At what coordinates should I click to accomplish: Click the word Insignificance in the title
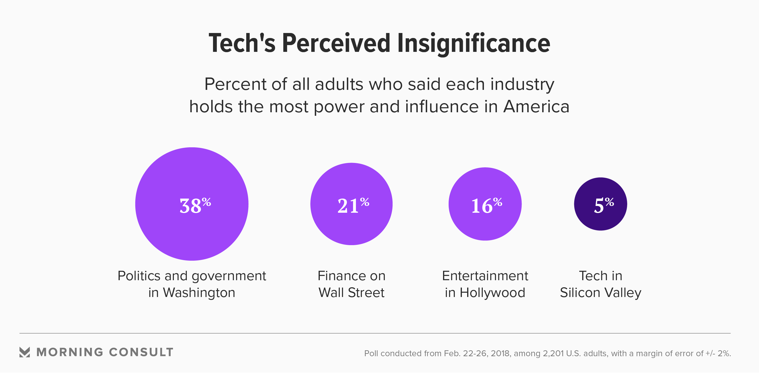473,44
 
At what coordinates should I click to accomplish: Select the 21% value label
353,205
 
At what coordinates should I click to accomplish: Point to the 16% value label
487,205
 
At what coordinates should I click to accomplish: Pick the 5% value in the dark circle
604,205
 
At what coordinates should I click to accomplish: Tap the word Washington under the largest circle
199,293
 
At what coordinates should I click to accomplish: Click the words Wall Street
351,293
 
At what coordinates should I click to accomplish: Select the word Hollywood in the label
492,293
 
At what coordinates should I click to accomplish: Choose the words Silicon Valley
600,293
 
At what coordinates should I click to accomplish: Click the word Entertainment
485,276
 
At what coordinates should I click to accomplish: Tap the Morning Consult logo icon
25,352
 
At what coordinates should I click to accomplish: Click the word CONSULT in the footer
141,352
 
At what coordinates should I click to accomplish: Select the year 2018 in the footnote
501,353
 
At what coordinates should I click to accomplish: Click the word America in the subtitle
536,107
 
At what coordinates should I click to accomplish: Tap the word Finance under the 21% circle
339,276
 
